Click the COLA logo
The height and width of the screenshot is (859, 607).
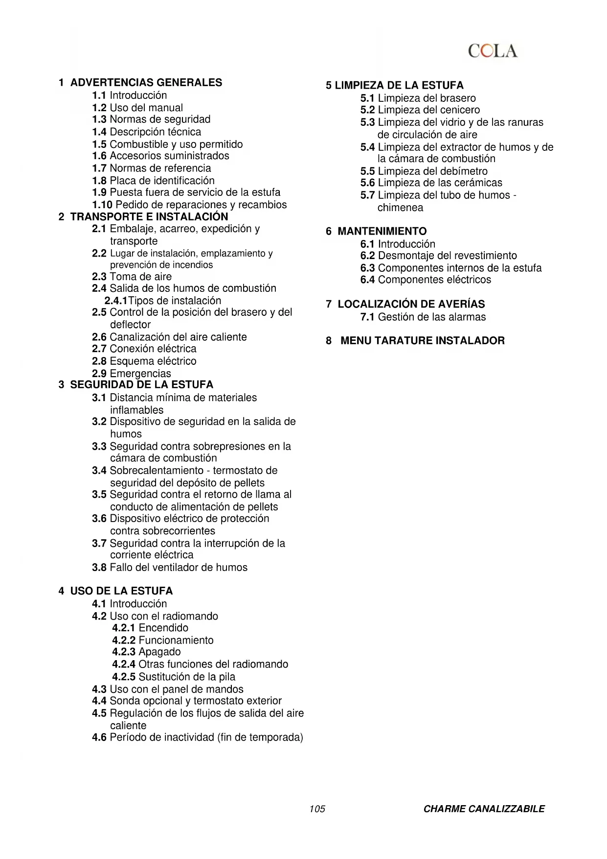pos(492,51)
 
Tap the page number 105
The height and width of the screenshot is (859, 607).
pos(317,809)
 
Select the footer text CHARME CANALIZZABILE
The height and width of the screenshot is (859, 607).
pos(484,809)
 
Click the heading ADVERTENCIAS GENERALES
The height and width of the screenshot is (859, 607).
pos(146,82)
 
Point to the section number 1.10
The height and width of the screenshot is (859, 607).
pos(102,205)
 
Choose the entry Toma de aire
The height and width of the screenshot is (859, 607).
pos(140,276)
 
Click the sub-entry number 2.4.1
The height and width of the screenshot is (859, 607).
pos(115,301)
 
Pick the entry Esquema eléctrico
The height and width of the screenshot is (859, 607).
pos(153,361)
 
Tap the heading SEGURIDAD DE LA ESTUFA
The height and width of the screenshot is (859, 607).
pos(141,384)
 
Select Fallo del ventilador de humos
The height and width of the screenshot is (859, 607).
pos(179,567)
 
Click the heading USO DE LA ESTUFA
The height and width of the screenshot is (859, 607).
pos(121,591)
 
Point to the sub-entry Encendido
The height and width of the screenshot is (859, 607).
pos(163,628)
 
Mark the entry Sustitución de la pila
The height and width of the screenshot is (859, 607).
pos(187,676)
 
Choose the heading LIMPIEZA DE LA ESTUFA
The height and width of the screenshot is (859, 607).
pos(399,85)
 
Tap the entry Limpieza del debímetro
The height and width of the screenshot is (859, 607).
pos(432,171)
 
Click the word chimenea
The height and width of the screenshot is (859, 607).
pos(400,207)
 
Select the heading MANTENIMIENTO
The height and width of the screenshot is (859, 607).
pos(382,231)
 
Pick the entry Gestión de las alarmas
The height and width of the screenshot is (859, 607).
pos(431,317)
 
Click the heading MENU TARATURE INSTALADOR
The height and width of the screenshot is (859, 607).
pos(422,340)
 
